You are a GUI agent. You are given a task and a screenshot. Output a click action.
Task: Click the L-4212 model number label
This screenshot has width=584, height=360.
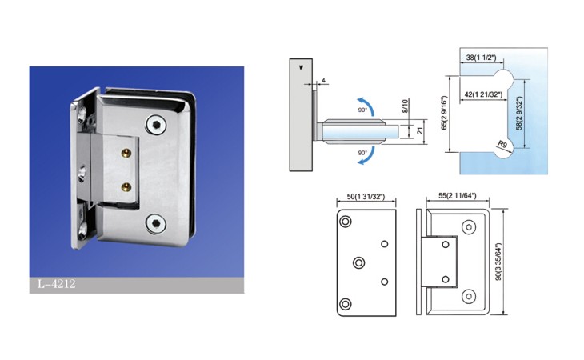pyautogui.click(x=57, y=284)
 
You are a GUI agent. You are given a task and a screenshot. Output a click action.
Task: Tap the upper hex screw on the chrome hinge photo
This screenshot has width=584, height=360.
pyautogui.click(x=156, y=124)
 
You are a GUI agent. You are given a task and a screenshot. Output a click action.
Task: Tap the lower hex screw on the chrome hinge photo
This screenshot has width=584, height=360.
pyautogui.click(x=156, y=223)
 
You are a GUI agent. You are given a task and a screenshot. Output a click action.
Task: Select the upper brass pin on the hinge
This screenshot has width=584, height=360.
pyautogui.click(x=127, y=152)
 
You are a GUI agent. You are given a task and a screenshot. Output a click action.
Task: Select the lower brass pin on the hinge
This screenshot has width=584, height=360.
pyautogui.click(x=127, y=187)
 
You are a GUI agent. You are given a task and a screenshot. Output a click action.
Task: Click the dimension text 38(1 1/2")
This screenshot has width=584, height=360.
pyautogui.click(x=482, y=58)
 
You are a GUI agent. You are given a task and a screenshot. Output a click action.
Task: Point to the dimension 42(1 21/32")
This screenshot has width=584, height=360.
pyautogui.click(x=483, y=94)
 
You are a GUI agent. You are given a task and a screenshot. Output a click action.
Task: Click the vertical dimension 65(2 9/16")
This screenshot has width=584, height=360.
pyautogui.click(x=443, y=113)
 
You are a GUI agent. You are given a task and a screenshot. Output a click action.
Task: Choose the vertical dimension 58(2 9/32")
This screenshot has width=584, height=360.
pyautogui.click(x=519, y=113)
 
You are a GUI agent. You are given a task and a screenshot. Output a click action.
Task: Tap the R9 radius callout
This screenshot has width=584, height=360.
pyautogui.click(x=502, y=144)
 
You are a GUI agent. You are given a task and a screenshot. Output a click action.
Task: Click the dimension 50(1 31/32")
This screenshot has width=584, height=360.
pyautogui.click(x=366, y=197)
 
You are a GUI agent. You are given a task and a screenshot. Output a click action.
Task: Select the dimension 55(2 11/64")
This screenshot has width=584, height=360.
pyautogui.click(x=458, y=195)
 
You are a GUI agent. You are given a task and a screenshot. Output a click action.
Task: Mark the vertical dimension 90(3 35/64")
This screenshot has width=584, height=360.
pyautogui.click(x=498, y=262)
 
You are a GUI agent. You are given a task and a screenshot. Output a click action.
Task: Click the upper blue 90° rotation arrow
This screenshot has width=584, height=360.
pyautogui.click(x=367, y=104)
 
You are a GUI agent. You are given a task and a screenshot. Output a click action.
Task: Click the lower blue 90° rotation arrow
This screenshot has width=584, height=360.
pyautogui.click(x=367, y=157)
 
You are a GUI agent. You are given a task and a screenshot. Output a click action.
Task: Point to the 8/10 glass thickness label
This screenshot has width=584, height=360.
pyautogui.click(x=406, y=106)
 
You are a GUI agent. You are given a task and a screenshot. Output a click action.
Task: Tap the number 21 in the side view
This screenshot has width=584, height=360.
pyautogui.click(x=420, y=130)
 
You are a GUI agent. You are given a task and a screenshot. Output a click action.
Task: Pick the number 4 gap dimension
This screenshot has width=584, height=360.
pyautogui.click(x=323, y=81)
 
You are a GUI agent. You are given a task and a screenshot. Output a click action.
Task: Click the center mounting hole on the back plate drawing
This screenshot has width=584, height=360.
pyautogui.click(x=358, y=263)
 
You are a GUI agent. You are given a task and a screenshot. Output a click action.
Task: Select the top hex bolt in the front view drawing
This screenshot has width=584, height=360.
pyautogui.click(x=469, y=226)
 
